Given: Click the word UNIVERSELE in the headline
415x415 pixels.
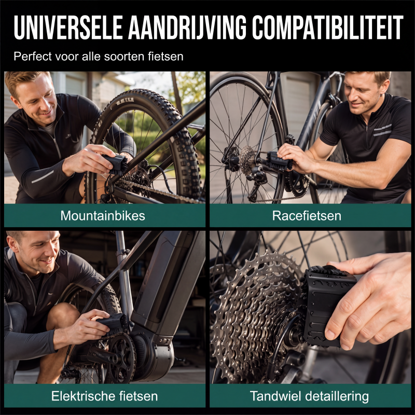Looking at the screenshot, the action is click(68, 27).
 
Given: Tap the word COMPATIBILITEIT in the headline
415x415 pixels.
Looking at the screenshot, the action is click(327, 27).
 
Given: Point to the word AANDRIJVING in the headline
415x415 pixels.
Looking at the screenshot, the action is click(187, 27).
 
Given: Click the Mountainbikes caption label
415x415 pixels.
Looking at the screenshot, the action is click(103, 216).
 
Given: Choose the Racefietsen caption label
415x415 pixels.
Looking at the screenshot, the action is click(307, 216).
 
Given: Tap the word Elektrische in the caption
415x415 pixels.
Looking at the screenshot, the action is click(83, 396).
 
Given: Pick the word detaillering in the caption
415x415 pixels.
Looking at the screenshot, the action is click(337, 396).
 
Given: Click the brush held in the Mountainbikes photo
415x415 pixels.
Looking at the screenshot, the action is click(116, 164).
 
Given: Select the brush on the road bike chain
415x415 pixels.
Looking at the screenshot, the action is click(279, 161).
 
